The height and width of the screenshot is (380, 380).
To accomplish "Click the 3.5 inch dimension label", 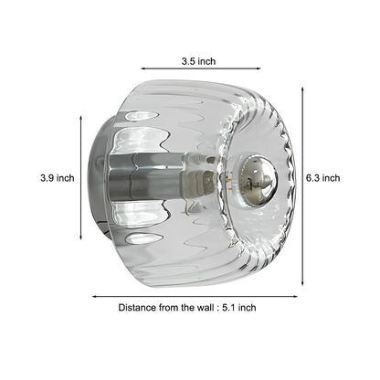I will coord(197,62).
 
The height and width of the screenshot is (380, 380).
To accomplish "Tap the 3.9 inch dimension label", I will coord(58,178).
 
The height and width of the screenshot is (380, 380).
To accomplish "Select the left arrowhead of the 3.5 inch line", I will coord(143,67).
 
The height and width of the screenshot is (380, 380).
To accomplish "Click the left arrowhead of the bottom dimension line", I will coord(93,295).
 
